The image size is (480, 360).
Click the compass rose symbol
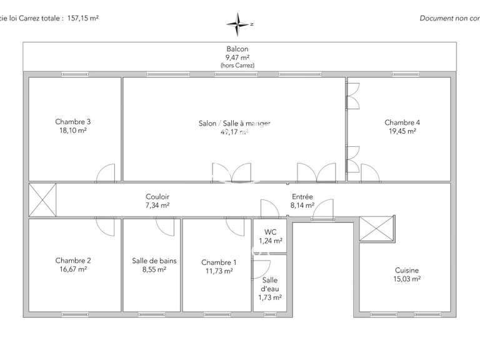pos(238,24)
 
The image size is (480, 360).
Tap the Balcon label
pos(237,49)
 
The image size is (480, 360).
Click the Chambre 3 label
pos(73,122)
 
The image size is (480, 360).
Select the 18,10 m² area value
pos(73,131)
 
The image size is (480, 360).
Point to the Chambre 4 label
pos(402,122)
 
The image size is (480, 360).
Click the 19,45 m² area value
pos(402,132)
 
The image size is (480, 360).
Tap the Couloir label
pos(157,196)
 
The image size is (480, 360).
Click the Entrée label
pos(301,196)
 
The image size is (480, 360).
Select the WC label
pos(270,232)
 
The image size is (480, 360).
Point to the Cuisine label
pos(407,271)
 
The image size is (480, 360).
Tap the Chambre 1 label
pos(219,262)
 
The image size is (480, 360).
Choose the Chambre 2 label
pos(73,261)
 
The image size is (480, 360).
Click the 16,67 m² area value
pos(73,270)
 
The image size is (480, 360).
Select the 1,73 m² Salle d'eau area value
pos(270,297)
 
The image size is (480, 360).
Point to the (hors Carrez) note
pos(237,66)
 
